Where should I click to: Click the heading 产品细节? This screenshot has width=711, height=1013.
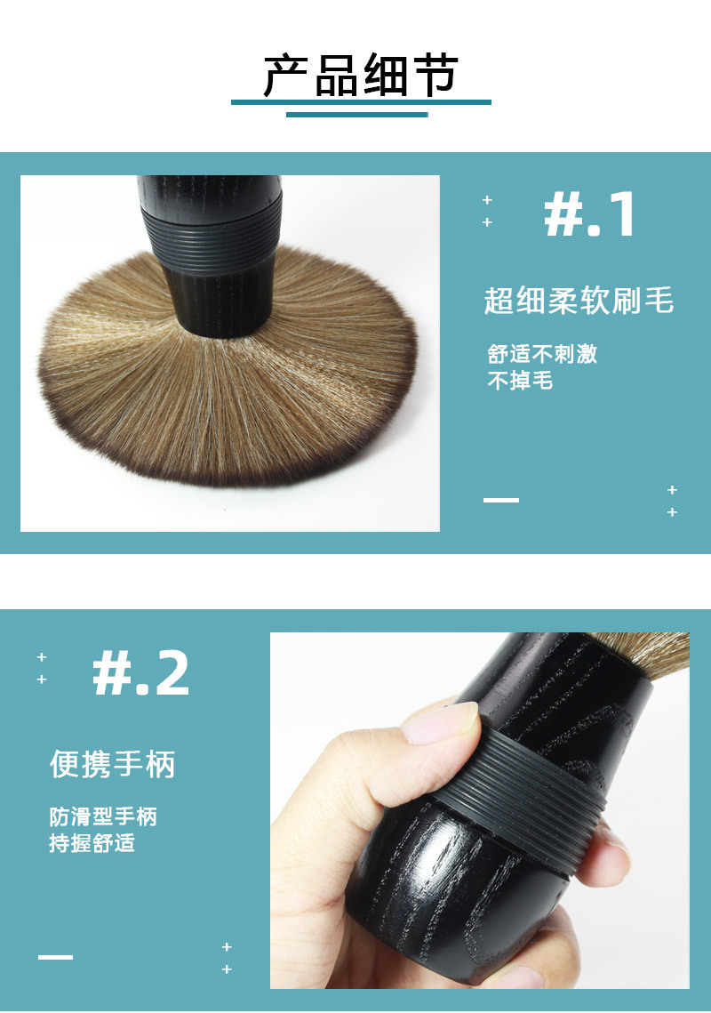tap(361, 76)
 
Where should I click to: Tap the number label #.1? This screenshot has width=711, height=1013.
tap(589, 215)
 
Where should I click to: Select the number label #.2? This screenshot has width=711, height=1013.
tap(140, 673)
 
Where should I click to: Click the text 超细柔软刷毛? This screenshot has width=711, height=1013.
tap(579, 301)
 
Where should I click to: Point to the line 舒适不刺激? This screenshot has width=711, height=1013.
tap(542, 354)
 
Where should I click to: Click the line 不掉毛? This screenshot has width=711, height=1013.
tap(520, 381)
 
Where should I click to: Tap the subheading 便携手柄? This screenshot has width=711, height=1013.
tap(112, 764)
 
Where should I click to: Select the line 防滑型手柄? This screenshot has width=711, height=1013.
tap(103, 816)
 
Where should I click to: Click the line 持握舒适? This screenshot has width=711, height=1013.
tap(92, 843)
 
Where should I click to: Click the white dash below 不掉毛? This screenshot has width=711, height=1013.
tap(501, 500)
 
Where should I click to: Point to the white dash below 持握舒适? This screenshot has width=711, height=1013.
tap(55, 957)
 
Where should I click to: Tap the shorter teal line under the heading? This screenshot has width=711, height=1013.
tap(357, 115)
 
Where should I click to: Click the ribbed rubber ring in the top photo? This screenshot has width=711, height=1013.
tap(212, 233)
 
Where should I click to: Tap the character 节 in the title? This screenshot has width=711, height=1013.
tap(435, 76)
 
